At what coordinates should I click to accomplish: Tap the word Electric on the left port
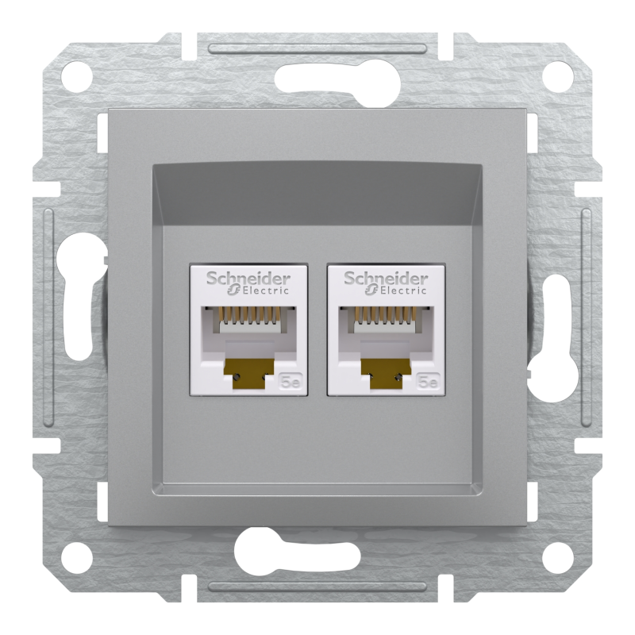click(256, 291)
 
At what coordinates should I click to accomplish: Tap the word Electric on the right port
click(393, 291)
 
